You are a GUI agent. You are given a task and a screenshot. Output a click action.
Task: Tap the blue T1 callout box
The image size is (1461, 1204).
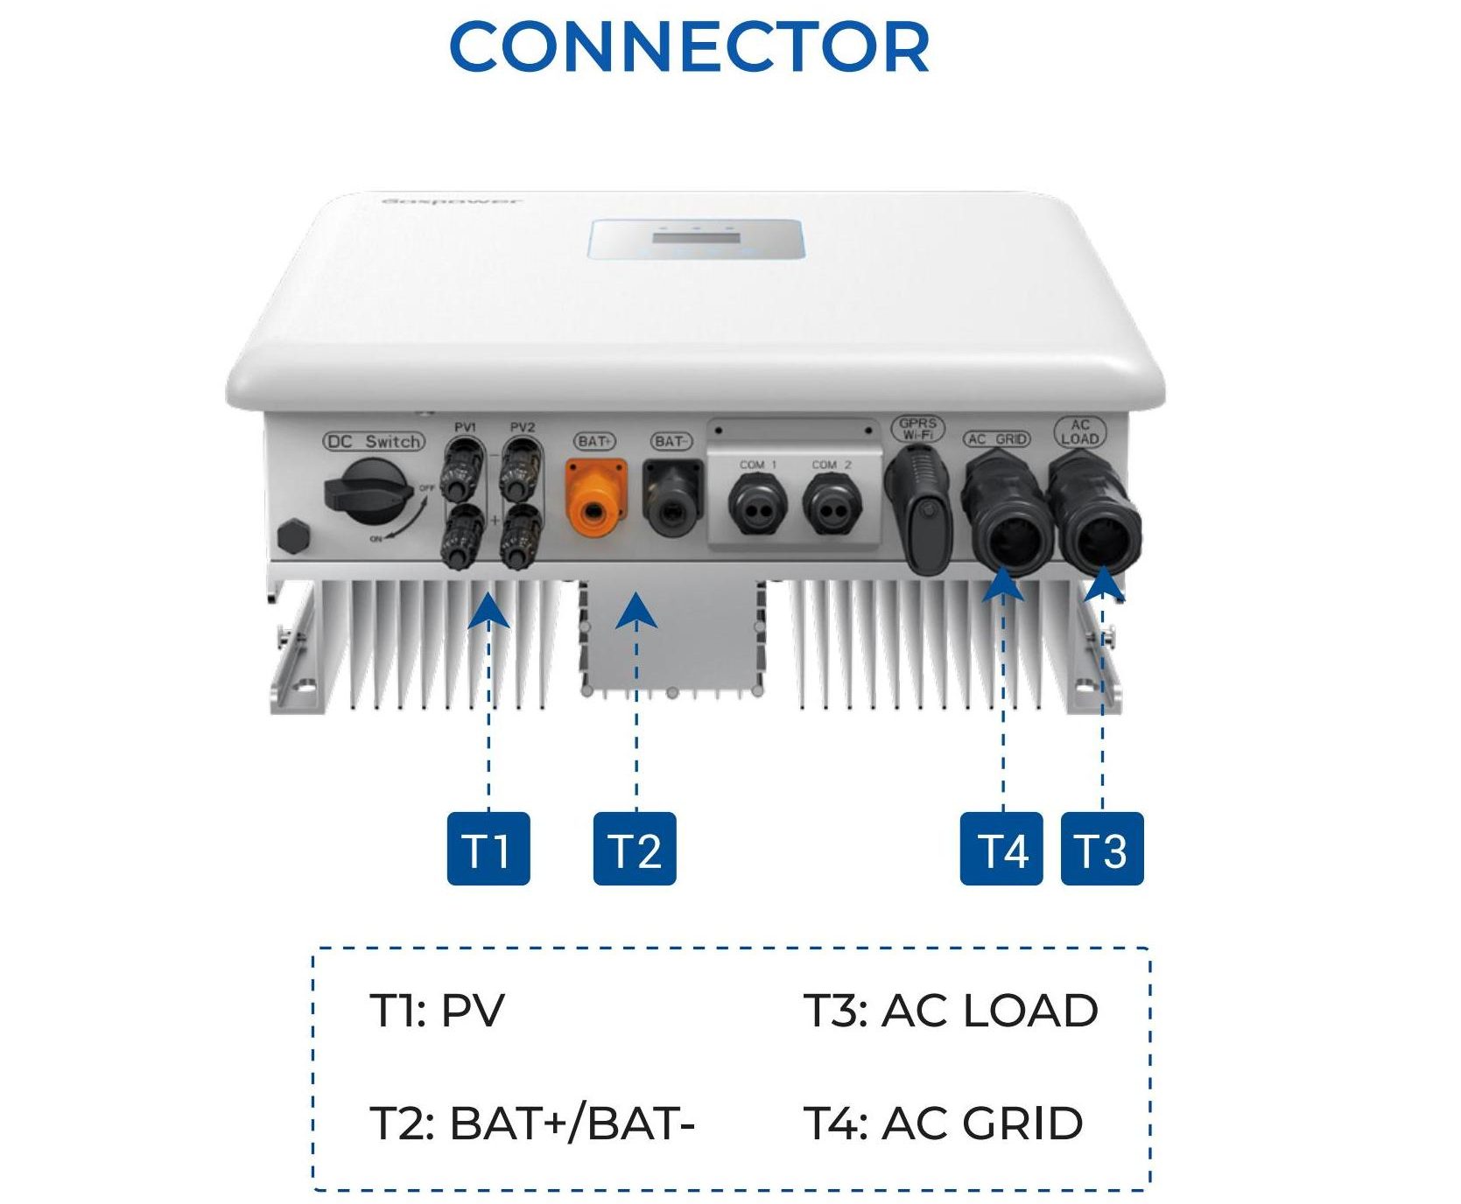point(488,849)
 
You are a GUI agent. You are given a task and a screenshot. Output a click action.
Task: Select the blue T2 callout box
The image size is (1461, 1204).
point(635,849)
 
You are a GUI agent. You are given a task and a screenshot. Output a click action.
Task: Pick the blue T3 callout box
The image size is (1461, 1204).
point(1101,849)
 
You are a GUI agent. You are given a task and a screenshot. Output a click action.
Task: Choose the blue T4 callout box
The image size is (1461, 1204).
point(1001,849)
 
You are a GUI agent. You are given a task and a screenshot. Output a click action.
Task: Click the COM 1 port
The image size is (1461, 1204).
point(757,506)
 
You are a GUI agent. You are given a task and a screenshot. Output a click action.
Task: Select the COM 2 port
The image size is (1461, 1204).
point(832,506)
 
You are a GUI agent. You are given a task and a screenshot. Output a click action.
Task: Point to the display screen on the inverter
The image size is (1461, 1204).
point(696,241)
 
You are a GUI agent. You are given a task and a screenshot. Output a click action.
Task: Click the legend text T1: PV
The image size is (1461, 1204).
point(437,1011)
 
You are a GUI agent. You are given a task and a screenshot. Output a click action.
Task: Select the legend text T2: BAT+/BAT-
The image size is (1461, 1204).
point(532,1123)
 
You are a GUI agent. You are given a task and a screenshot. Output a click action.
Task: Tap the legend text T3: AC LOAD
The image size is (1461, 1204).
point(951,1011)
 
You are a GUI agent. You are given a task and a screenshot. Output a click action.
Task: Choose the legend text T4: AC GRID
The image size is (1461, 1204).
point(943,1123)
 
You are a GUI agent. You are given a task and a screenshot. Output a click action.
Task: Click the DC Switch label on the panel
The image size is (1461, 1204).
point(374,442)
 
